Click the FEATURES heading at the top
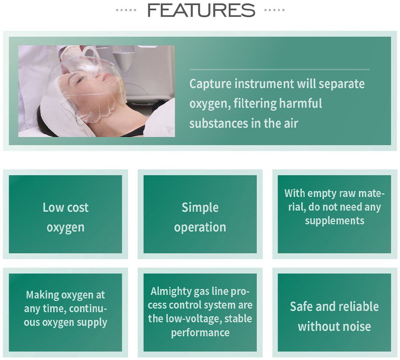click(201, 10)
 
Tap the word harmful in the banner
click(300, 103)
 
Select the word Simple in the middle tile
click(200, 208)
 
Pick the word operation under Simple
click(200, 227)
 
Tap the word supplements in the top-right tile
click(334, 221)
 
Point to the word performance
click(200, 332)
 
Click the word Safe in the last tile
click(301, 306)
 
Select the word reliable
click(360, 306)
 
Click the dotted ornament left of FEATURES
click(126, 10)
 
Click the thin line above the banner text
click(279, 69)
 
